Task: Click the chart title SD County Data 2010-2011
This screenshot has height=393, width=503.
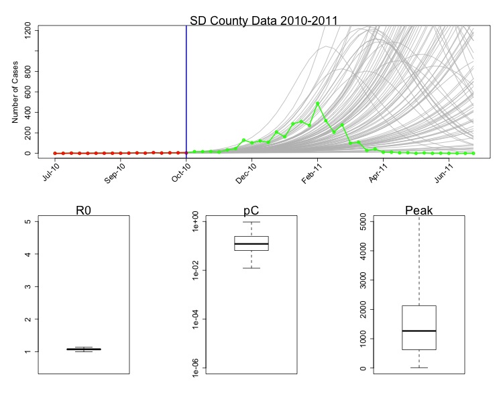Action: click(x=259, y=19)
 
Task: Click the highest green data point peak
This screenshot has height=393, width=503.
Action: click(x=318, y=103)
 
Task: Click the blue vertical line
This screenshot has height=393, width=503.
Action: click(x=186, y=87)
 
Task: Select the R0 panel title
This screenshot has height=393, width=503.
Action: click(x=84, y=211)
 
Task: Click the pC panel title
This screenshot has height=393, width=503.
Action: click(x=251, y=211)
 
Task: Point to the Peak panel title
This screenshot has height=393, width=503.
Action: click(x=419, y=211)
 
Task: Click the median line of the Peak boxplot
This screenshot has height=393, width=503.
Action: click(x=419, y=331)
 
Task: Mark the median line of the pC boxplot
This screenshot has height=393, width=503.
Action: click(x=251, y=243)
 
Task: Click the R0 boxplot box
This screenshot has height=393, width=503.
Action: click(x=84, y=349)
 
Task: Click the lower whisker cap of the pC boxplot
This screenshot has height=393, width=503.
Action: click(x=251, y=268)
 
